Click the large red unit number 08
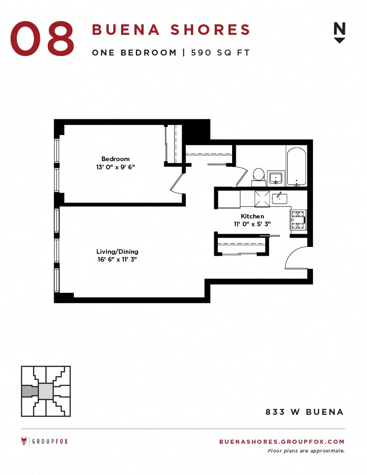42,39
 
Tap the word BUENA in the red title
126,30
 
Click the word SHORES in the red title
210,30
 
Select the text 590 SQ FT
220,53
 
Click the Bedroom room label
115,159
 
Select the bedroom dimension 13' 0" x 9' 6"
115,167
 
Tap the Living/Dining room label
117,251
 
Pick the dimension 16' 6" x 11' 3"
117,259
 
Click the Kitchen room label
252,216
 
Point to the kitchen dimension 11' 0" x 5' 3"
252,224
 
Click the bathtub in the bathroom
296,167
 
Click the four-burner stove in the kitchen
298,220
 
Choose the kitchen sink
279,198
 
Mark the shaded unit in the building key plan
30,391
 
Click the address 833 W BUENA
305,412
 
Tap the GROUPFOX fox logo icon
24,441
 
